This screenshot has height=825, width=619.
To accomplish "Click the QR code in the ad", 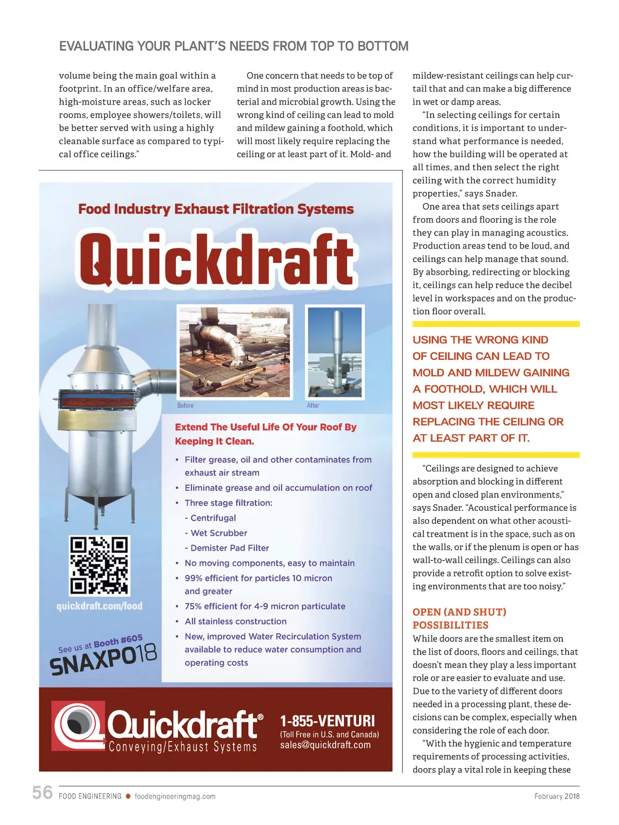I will (99, 566).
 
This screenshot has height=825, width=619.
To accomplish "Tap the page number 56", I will (42, 793).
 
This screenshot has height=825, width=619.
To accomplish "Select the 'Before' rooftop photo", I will (235, 352).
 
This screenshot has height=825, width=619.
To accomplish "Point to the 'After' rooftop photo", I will (335, 352).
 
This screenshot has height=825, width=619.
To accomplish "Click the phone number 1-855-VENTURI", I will (328, 721).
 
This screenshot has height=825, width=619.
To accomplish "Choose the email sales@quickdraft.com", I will (325, 745).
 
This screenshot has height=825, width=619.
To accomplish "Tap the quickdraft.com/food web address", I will (100, 606).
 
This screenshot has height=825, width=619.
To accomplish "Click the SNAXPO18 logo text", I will (103, 660).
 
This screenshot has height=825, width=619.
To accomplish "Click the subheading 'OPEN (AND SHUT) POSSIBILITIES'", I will (459, 618).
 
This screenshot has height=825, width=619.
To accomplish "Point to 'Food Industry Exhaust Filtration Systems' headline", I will (216, 209).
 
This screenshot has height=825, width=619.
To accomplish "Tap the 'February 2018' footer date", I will (557, 796).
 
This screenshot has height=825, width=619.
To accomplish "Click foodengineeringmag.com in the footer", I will (175, 796).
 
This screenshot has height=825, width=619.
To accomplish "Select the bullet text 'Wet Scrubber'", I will (219, 533).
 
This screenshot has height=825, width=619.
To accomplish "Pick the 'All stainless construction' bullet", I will (236, 621).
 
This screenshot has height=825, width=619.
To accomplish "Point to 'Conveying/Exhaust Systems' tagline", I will (183, 747).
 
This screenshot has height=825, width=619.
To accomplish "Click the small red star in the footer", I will (128, 796).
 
